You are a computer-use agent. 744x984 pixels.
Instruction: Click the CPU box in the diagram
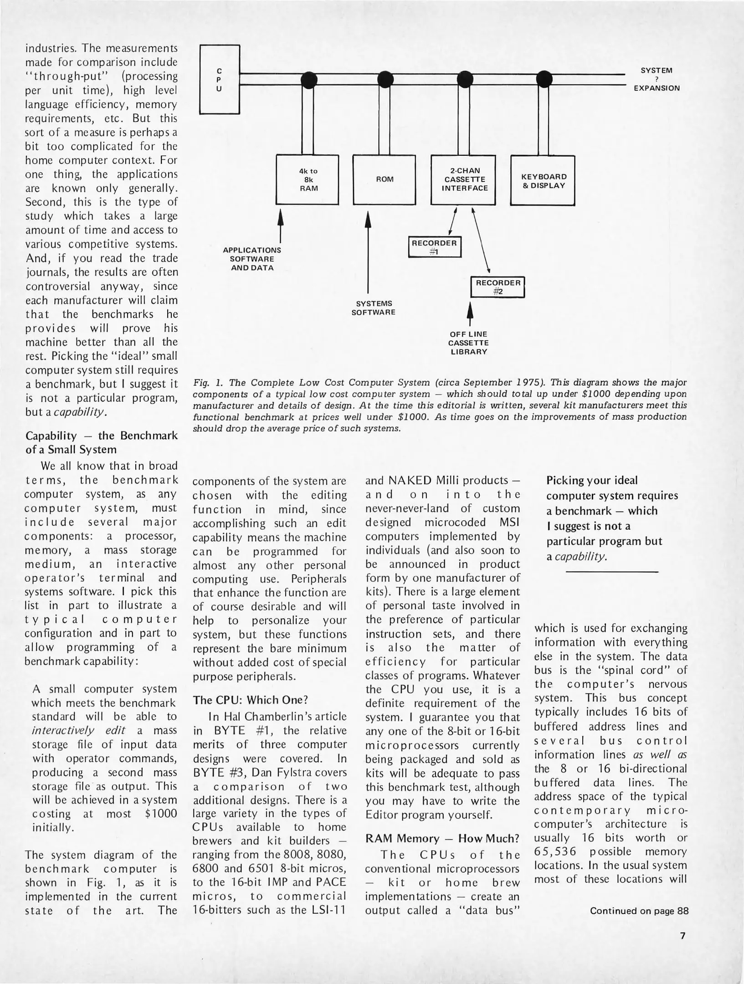(220, 79)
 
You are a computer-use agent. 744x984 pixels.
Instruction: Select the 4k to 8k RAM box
(308, 180)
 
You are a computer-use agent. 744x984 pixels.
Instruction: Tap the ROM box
(384, 180)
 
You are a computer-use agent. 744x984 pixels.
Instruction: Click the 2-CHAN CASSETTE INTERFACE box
(463, 180)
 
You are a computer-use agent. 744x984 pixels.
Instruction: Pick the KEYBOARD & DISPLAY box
(543, 181)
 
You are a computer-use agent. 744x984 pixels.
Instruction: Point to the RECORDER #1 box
(434, 247)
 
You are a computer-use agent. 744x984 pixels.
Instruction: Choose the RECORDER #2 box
(498, 287)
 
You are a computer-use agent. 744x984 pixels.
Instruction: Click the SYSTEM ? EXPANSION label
(657, 79)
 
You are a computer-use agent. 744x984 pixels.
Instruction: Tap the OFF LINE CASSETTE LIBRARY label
(468, 343)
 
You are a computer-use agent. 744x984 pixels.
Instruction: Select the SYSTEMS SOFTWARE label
(373, 308)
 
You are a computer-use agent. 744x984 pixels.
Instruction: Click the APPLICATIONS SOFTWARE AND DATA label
(251, 259)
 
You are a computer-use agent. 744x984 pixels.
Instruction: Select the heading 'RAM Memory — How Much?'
(442, 838)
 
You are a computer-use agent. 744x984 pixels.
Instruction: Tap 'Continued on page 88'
(639, 911)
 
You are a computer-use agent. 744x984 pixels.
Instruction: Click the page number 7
(682, 936)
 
